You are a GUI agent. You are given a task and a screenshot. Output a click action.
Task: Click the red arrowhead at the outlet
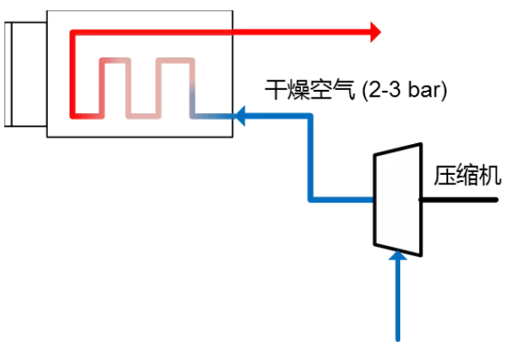click(375, 32)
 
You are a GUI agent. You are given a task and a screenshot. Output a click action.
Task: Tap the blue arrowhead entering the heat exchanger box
click(240, 116)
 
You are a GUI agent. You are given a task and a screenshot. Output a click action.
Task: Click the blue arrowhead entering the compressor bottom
click(398, 255)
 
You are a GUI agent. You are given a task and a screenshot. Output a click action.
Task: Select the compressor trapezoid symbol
click(398, 200)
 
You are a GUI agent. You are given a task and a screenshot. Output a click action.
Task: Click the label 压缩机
click(468, 176)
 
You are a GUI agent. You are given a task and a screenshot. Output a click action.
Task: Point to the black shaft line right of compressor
click(459, 200)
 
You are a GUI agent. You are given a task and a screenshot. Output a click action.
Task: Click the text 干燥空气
click(309, 89)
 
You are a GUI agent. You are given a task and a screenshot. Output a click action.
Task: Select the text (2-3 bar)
click(404, 90)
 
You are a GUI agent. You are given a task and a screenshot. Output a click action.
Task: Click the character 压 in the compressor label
click(445, 176)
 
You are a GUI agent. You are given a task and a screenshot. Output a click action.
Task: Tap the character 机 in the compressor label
click(490, 176)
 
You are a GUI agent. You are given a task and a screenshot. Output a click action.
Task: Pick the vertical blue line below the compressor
click(398, 300)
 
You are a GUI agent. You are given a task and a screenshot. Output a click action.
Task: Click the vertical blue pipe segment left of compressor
click(310, 158)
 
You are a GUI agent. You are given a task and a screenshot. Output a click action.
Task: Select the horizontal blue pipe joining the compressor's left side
click(342, 200)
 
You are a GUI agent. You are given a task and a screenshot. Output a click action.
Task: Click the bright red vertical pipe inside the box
click(73, 74)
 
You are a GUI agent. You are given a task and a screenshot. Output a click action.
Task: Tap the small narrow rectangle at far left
click(8, 74)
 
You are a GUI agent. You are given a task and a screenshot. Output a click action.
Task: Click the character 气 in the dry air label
click(344, 89)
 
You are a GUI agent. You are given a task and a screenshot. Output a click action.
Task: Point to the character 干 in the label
click(276, 89)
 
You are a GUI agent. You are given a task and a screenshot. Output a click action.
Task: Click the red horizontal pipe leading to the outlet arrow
click(221, 32)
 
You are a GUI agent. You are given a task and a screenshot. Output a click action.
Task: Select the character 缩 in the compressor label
click(468, 176)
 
